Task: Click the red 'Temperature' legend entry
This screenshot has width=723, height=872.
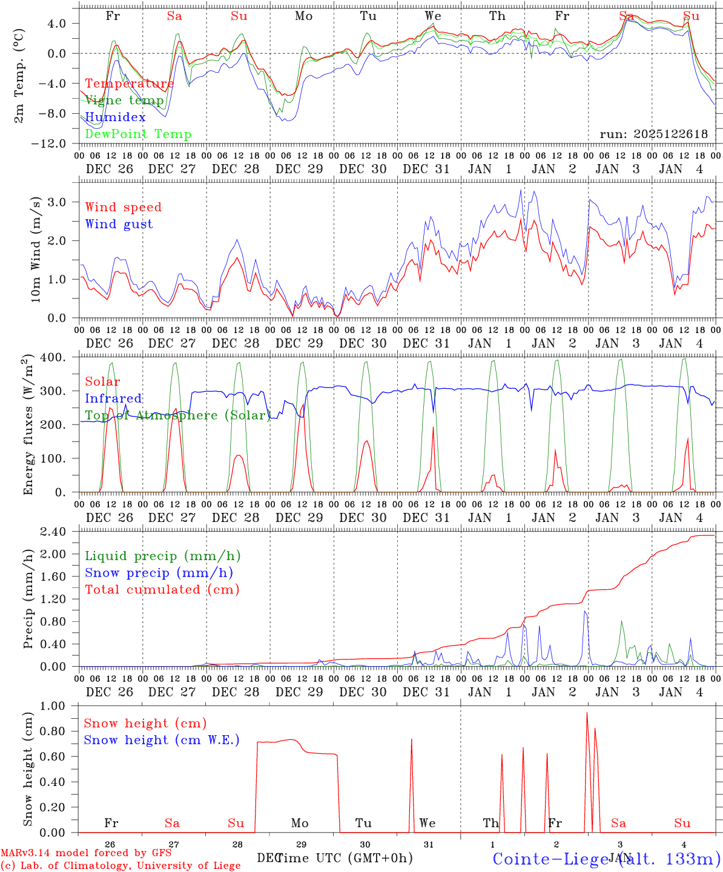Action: tap(130, 84)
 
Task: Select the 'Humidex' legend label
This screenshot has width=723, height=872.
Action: tap(116, 117)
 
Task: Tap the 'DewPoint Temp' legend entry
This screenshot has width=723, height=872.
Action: tap(138, 134)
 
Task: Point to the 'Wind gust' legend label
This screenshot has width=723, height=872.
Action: tap(119, 224)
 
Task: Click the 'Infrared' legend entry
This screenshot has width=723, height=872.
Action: tap(113, 398)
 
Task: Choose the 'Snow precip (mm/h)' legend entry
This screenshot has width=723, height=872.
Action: tap(159, 573)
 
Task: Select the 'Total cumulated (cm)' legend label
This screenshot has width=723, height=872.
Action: tap(162, 590)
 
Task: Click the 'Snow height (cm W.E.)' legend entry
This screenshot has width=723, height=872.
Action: tap(162, 740)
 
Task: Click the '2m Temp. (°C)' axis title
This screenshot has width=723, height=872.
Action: tap(19, 76)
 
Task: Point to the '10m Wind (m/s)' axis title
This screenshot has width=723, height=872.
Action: tap(36, 249)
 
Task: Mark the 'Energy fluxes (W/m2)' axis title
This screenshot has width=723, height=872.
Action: tap(28, 424)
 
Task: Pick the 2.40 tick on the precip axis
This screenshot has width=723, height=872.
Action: tap(54, 532)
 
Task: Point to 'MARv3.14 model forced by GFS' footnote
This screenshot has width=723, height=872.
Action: tap(86, 853)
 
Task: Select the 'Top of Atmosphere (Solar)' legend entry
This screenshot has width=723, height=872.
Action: tap(178, 415)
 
